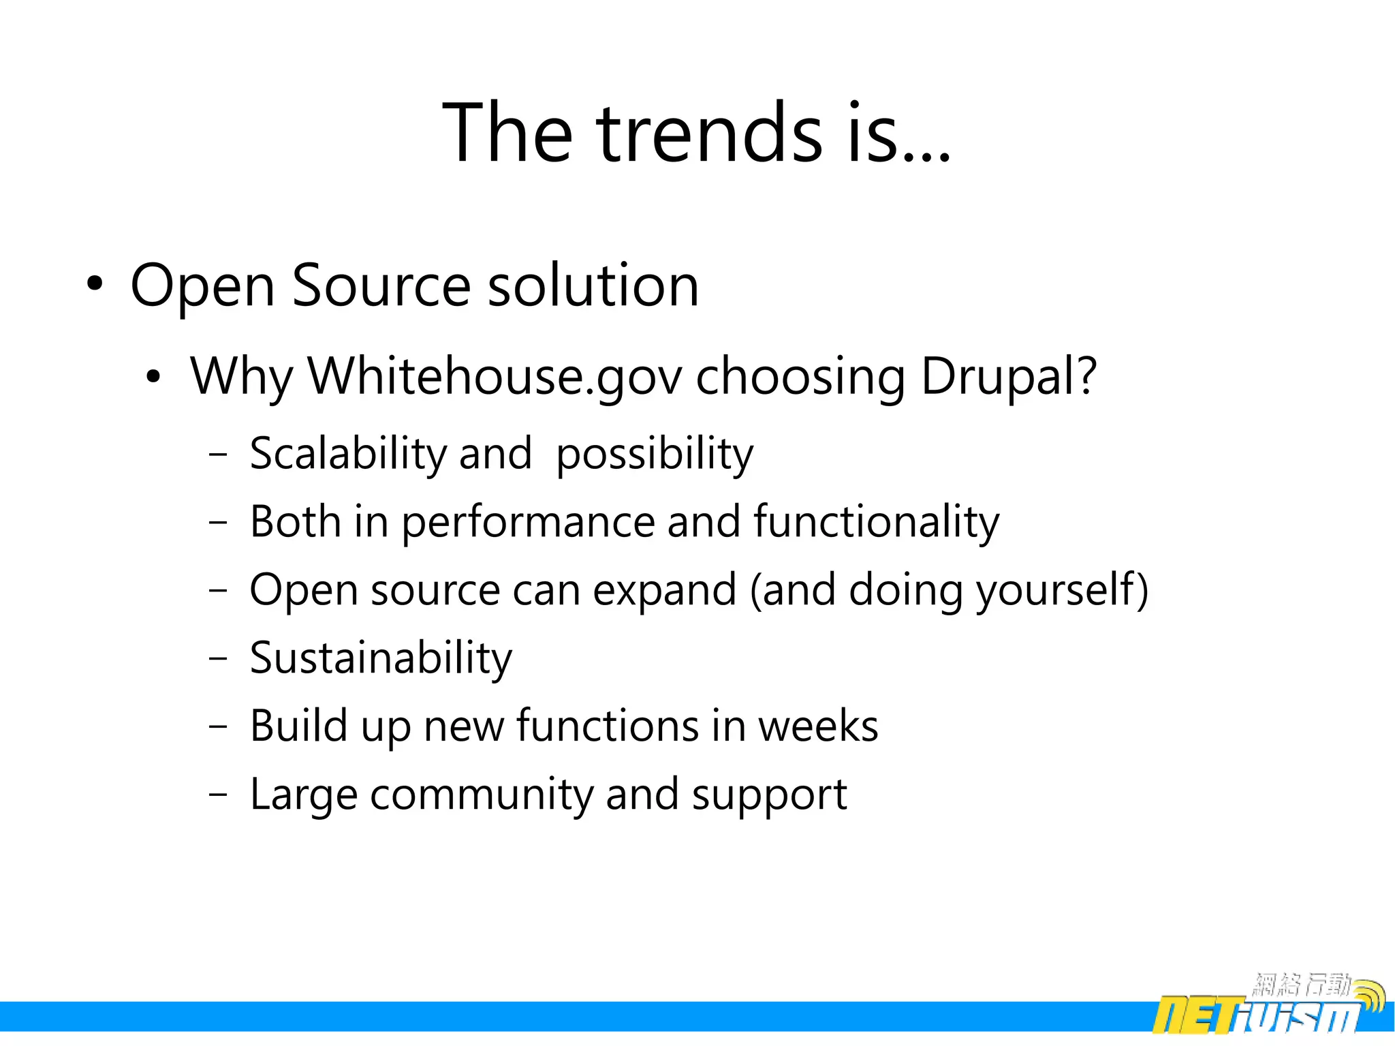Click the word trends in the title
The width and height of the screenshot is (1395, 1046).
[x=710, y=133]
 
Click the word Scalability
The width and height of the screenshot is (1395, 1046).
[x=347, y=454]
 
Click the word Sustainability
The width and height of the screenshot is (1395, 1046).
[x=381, y=659]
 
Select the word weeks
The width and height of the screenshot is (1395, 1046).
[x=818, y=726]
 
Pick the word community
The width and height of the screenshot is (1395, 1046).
[x=481, y=795]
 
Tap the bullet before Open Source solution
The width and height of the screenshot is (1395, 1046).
[x=95, y=283]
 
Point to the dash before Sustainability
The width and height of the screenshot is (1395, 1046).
[x=218, y=658]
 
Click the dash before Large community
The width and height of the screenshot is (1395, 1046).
[x=218, y=795]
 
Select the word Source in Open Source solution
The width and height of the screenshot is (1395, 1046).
[x=381, y=285]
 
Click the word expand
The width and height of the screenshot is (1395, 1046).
[x=664, y=591]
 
